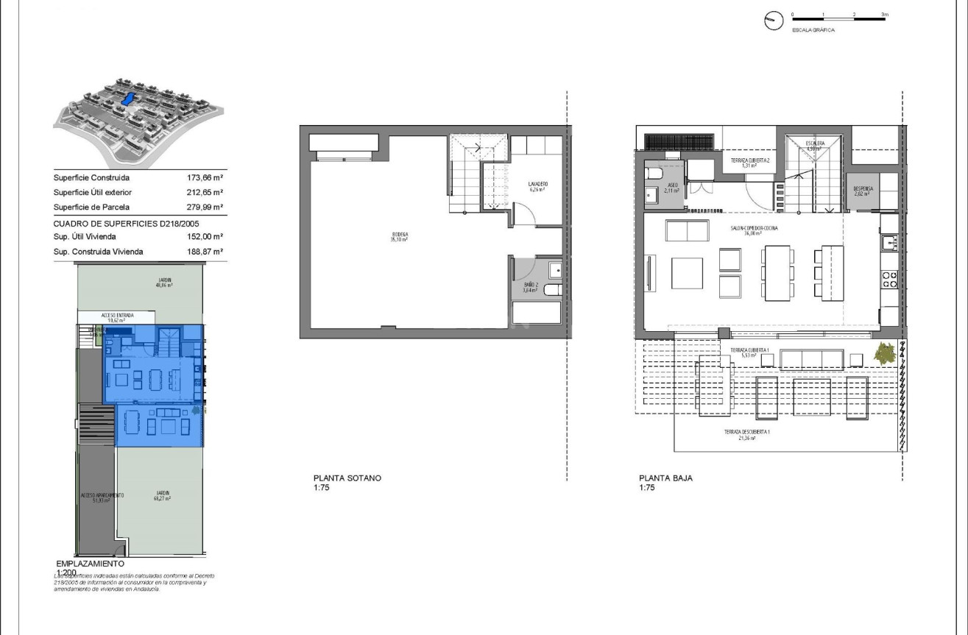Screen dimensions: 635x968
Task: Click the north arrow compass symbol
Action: click(x=774, y=21)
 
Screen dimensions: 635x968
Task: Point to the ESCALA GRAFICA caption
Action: click(x=813, y=30)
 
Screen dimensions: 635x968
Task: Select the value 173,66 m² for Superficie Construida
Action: click(x=205, y=178)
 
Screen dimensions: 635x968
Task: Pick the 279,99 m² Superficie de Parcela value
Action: click(x=205, y=207)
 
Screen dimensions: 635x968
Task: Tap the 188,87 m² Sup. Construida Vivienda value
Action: click(x=205, y=252)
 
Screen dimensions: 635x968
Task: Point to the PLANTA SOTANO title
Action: click(x=347, y=478)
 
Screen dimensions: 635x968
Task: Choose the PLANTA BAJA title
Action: click(x=665, y=478)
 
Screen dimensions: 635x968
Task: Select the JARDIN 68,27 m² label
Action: click(x=162, y=495)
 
